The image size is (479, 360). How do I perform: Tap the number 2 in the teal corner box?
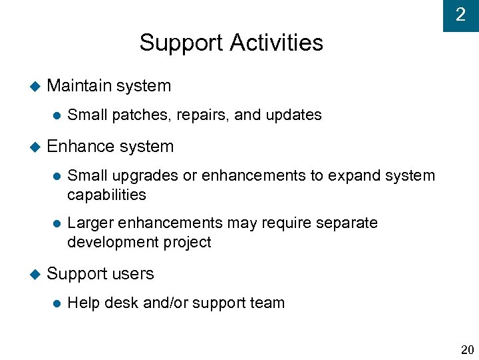[x=460, y=15]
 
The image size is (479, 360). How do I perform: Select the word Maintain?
[x=79, y=85]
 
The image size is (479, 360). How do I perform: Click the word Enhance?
[x=78, y=146]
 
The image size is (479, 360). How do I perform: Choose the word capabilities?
[x=106, y=195]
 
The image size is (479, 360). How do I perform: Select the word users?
[x=134, y=274]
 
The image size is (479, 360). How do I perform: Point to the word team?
[x=269, y=303]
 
